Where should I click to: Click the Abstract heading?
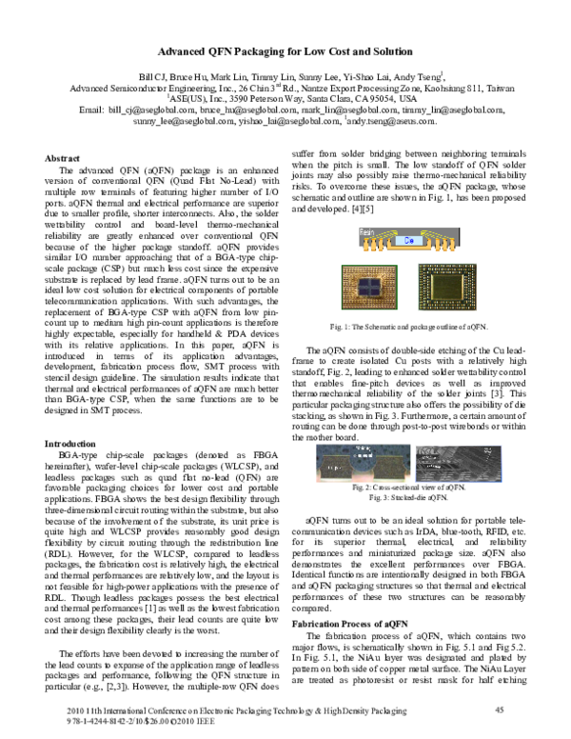tap(63, 157)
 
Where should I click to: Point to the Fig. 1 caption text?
tap(409, 327)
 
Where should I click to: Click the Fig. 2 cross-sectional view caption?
tap(409, 487)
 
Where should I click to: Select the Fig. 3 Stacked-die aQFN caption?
tap(409, 497)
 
